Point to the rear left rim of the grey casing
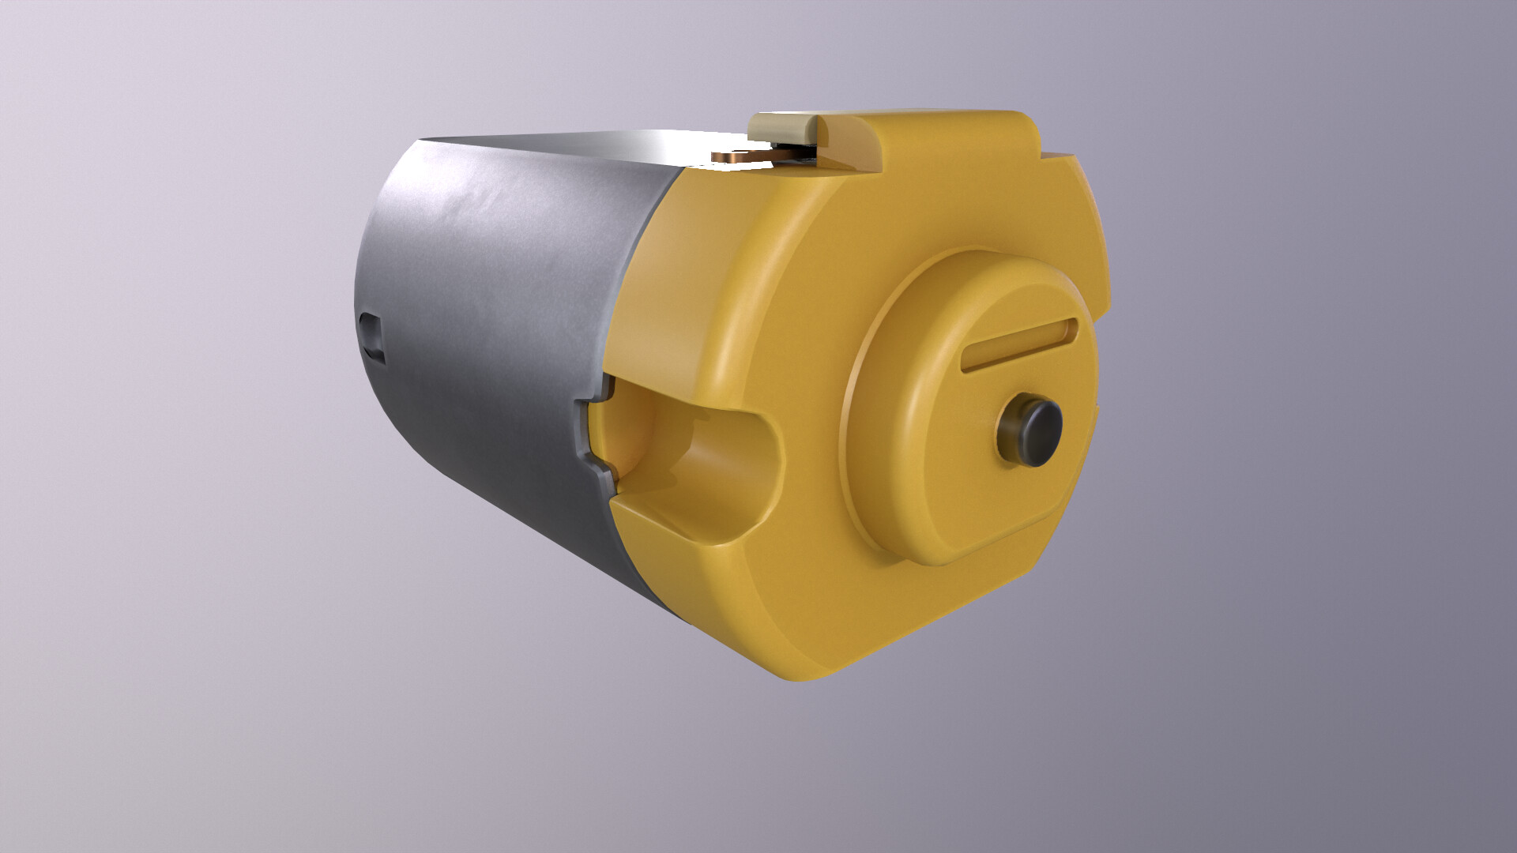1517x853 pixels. [359, 316]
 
